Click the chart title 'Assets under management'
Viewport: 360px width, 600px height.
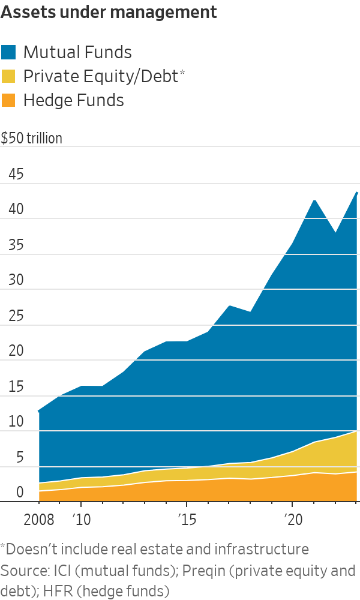click(109, 12)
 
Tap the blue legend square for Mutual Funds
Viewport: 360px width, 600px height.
click(9, 52)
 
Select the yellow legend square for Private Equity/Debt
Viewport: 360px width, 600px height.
click(9, 76)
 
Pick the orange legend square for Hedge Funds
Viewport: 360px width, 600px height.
click(9, 100)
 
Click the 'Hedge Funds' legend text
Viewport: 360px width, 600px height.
click(73, 100)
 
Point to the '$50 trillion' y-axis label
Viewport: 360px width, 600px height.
click(31, 139)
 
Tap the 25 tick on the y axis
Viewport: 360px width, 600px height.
click(16, 316)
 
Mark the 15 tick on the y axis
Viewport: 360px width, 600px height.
click(16, 387)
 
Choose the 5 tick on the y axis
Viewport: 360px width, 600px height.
click(20, 458)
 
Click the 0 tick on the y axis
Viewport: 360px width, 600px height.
click(20, 493)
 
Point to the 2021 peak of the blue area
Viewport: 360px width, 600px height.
click(314, 200)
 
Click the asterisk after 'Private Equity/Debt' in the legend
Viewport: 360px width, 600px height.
click(182, 73)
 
